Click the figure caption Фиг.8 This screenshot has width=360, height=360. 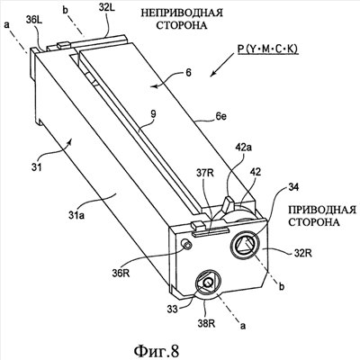tap(157, 350)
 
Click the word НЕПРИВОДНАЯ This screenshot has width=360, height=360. tap(182, 13)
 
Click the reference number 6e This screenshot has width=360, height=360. tap(220, 116)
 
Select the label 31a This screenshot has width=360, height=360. tap(76, 215)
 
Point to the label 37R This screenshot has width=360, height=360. tap(205, 173)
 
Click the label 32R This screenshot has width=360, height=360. tap(303, 253)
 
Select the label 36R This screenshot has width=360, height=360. tap(121, 274)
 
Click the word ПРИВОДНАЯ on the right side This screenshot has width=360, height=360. tap(322, 210)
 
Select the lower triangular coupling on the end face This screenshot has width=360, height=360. tap(208, 282)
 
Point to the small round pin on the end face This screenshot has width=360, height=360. tap(188, 245)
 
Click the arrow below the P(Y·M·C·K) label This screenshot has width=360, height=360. tap(222, 65)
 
